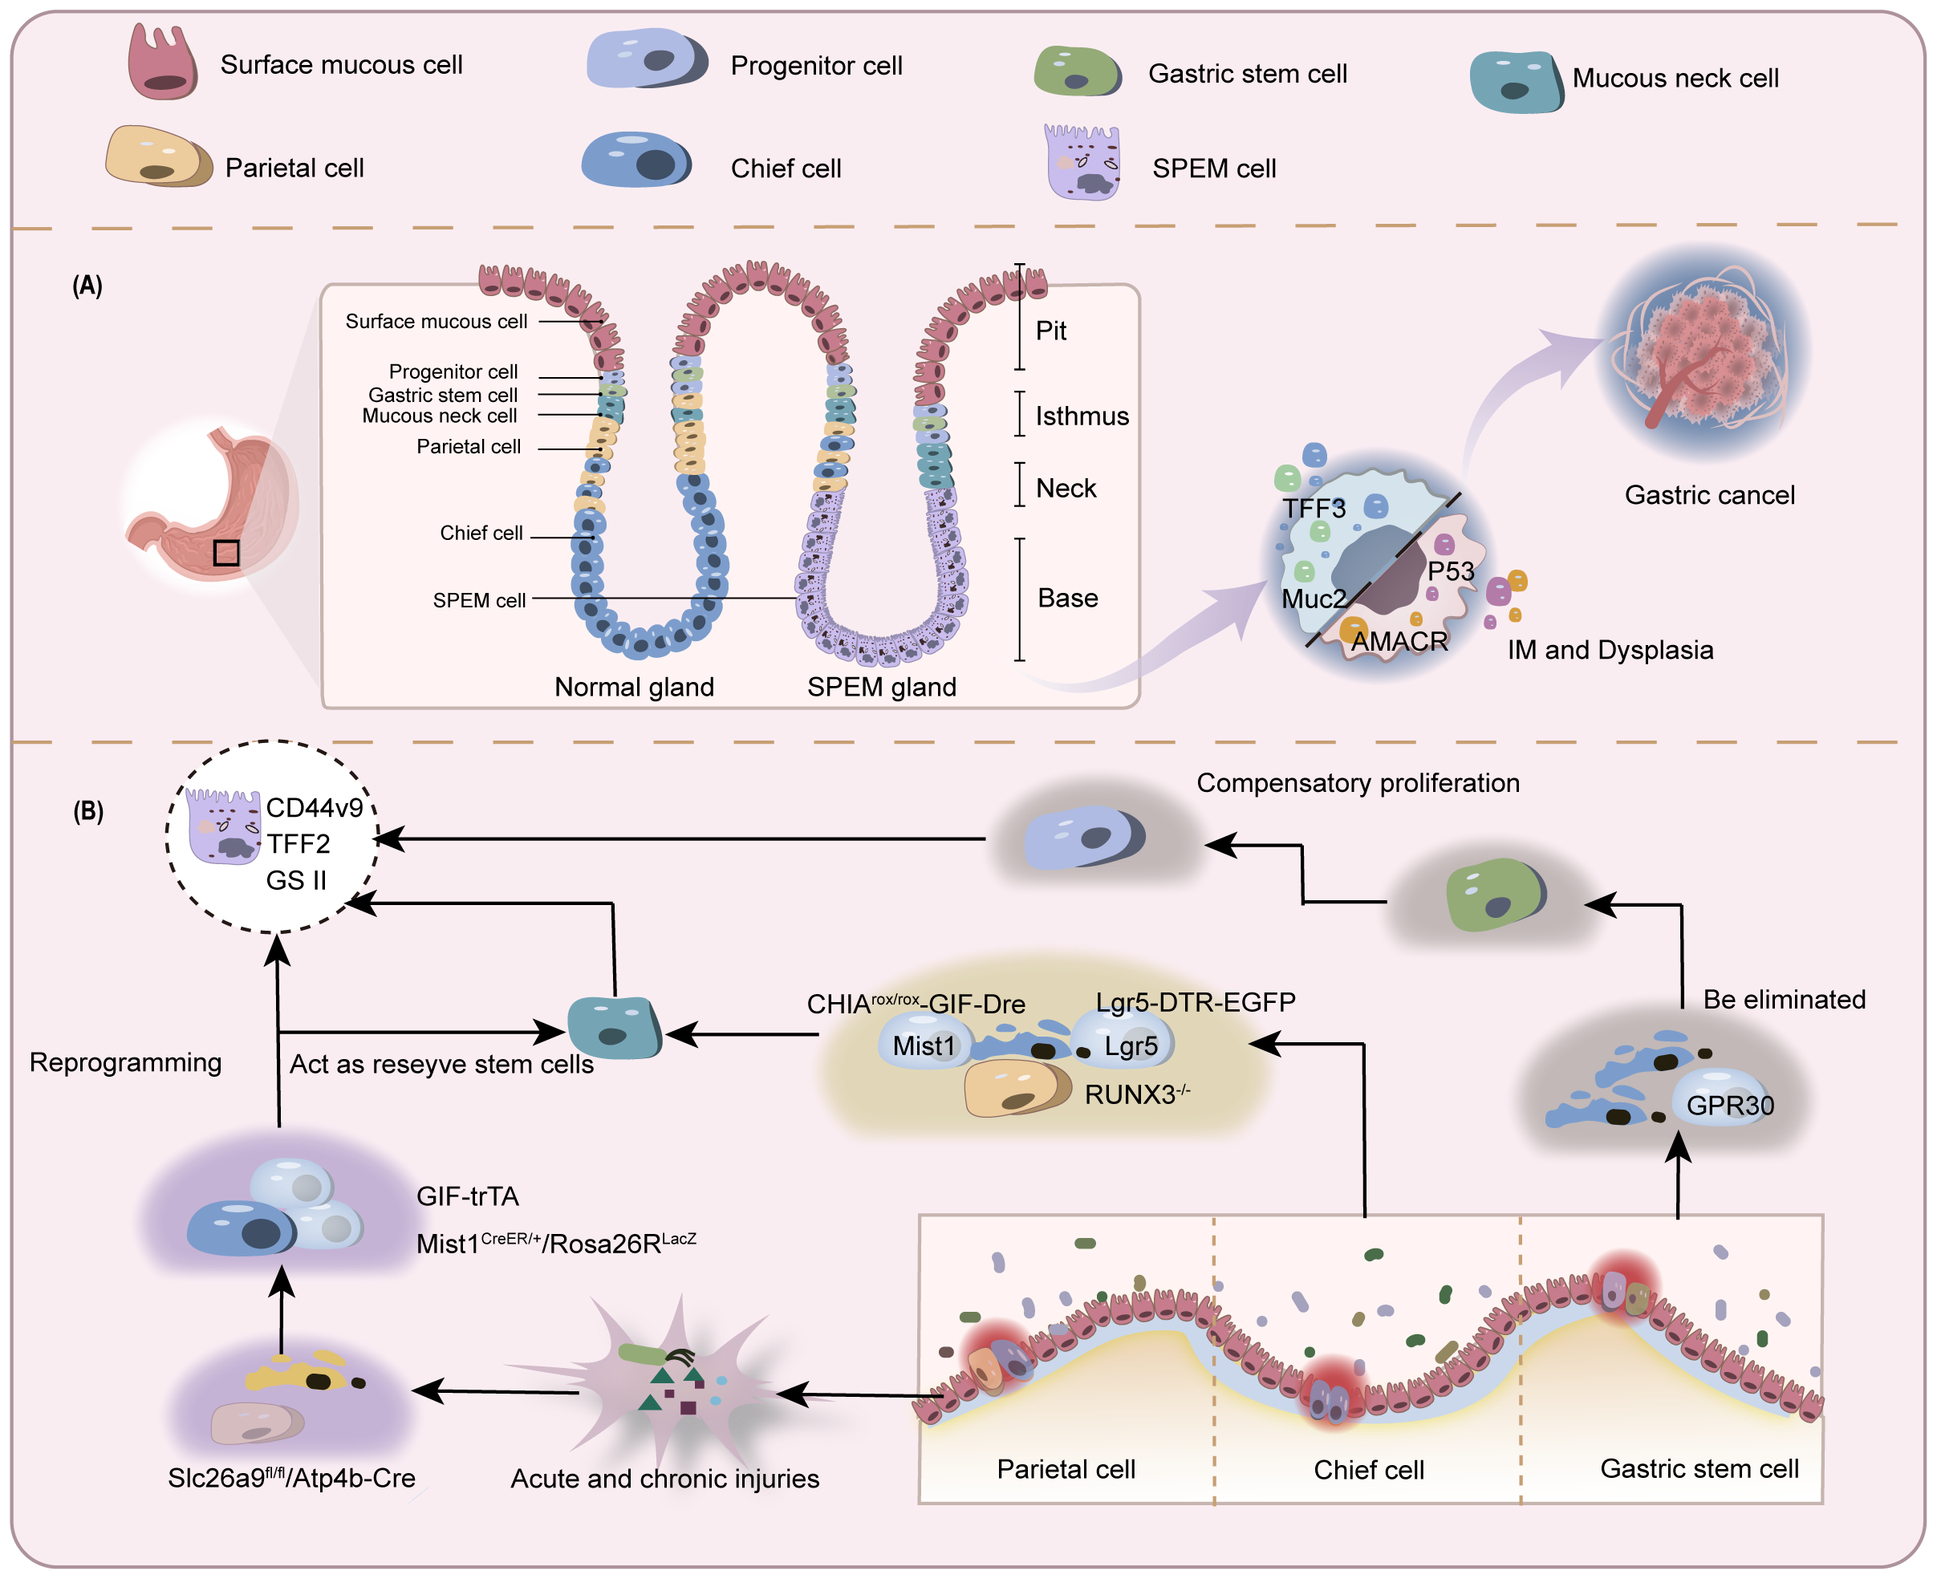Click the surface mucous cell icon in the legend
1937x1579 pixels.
(x=162, y=62)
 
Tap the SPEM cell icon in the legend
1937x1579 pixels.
(x=1082, y=164)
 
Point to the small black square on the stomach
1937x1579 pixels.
(x=225, y=553)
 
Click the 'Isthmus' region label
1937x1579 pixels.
(x=1082, y=416)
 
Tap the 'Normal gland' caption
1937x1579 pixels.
(x=634, y=687)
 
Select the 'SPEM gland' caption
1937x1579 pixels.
(x=881, y=687)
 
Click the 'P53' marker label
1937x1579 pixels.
(x=1450, y=571)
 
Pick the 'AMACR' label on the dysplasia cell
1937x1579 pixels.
(x=1399, y=641)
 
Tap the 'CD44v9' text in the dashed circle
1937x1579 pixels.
(x=314, y=808)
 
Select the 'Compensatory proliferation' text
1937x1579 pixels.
(x=1357, y=783)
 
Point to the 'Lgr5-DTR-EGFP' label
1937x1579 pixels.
(x=1195, y=1002)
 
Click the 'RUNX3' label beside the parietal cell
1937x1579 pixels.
(x=1135, y=1094)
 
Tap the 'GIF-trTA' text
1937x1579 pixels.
(x=468, y=1196)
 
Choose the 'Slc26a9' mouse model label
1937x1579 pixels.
(x=291, y=1478)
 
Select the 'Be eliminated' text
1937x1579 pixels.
(x=1783, y=1000)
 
